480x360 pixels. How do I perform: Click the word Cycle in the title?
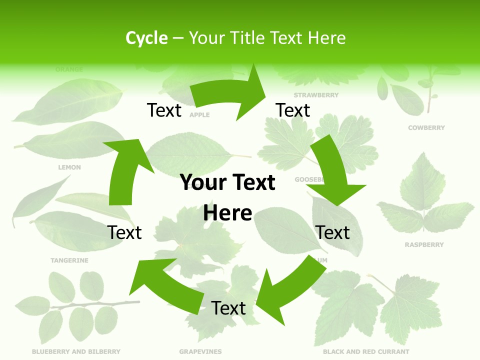coord(146,38)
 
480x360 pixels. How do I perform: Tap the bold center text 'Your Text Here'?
coord(227,197)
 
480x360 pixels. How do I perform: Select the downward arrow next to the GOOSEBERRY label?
coord(332,175)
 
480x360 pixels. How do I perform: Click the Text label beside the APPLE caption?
coord(164,110)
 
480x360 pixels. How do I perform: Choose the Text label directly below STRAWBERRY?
coord(293,110)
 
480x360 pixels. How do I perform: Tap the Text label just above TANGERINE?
coord(124,232)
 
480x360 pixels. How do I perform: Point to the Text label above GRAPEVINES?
coord(228,308)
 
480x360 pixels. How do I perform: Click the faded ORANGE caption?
coord(69,69)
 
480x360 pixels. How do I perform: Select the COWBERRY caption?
coord(426,128)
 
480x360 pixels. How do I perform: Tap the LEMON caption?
coord(69,167)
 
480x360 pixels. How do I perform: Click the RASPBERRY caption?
coord(424,245)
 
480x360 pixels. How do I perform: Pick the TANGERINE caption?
coord(69,260)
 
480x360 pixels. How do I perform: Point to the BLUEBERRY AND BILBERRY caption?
coord(76,351)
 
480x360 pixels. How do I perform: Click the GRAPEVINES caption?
coord(200,351)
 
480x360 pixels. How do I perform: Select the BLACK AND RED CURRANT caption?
coord(366,351)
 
